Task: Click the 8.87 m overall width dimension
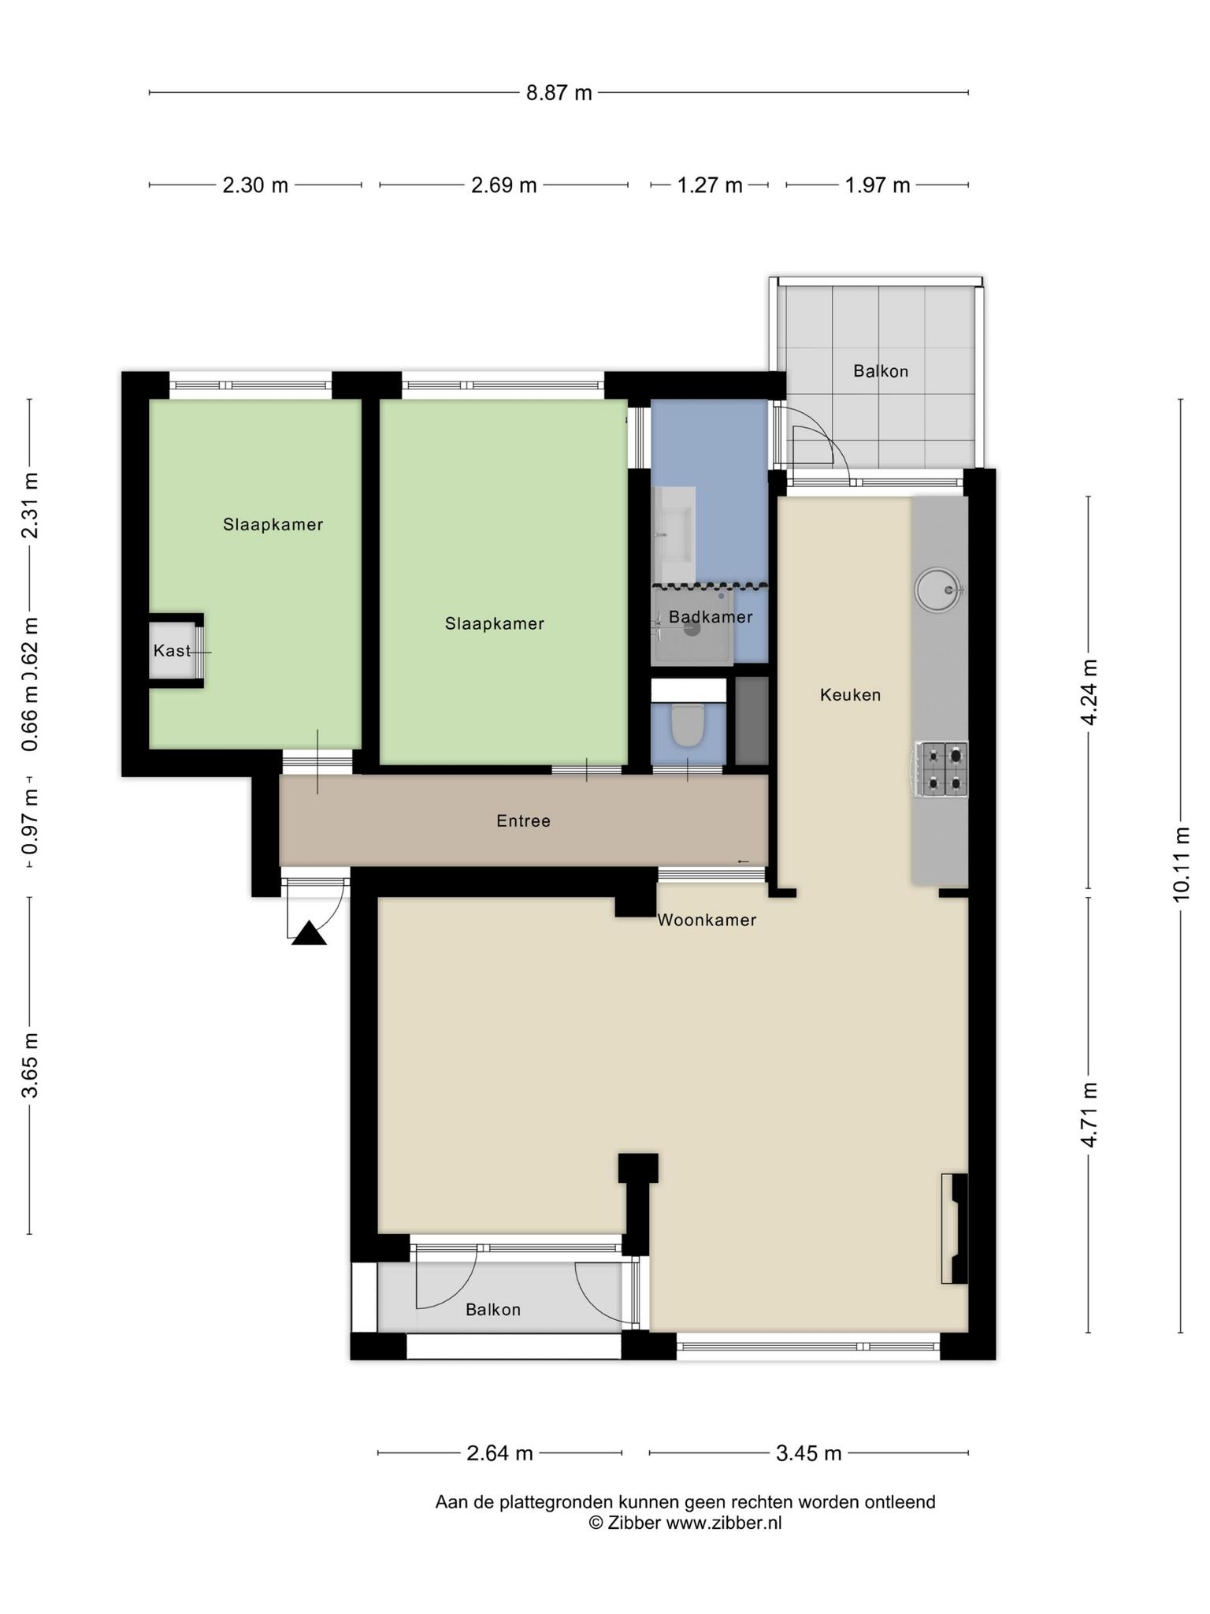[x=559, y=93]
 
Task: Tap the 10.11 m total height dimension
[x=1180, y=865]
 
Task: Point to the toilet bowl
[x=687, y=725]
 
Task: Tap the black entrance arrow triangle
[x=309, y=933]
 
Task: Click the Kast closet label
[x=173, y=651]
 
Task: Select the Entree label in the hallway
[x=523, y=821]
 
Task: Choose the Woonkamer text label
[x=707, y=920]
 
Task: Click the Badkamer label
[x=711, y=617]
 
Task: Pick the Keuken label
[x=850, y=695]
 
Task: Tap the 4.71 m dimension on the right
[x=1089, y=1114]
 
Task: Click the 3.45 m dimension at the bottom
[x=809, y=1453]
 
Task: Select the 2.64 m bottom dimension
[x=499, y=1453]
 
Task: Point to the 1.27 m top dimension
[x=710, y=185]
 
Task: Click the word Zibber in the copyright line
[x=634, y=1523]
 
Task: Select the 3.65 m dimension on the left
[x=30, y=1065]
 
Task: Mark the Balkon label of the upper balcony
[x=881, y=371]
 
